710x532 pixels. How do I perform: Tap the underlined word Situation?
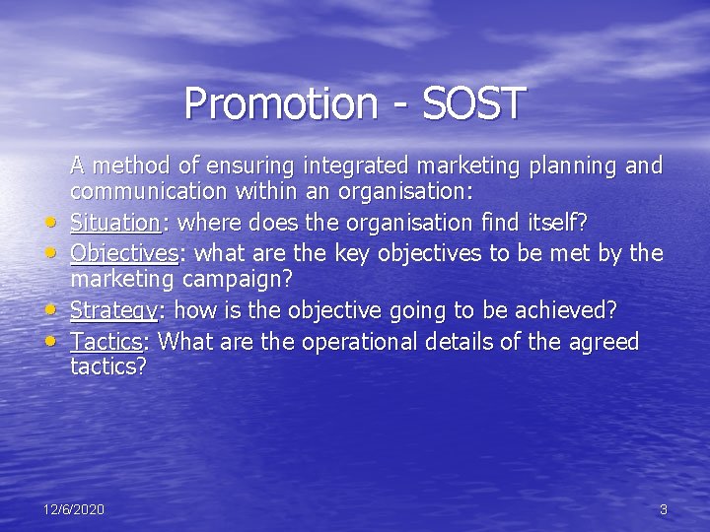click(114, 224)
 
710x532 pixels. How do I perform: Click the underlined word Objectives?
click(123, 253)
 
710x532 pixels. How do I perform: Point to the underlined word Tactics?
click(106, 342)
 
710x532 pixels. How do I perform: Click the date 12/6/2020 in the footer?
click(74, 509)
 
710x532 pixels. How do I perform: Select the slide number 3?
click(663, 509)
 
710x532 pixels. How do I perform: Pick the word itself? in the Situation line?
click(559, 224)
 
